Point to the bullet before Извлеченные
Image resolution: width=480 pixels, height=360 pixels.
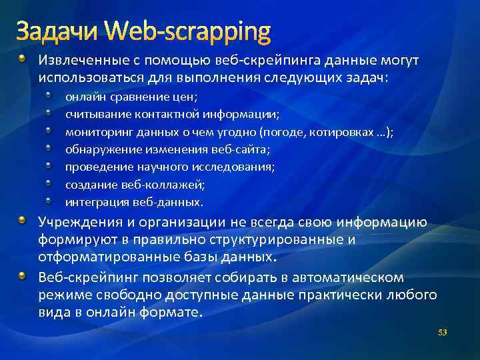(x=23, y=60)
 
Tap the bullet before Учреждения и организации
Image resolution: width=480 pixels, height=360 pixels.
(x=23, y=221)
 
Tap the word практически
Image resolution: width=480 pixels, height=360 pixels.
(x=331, y=294)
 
